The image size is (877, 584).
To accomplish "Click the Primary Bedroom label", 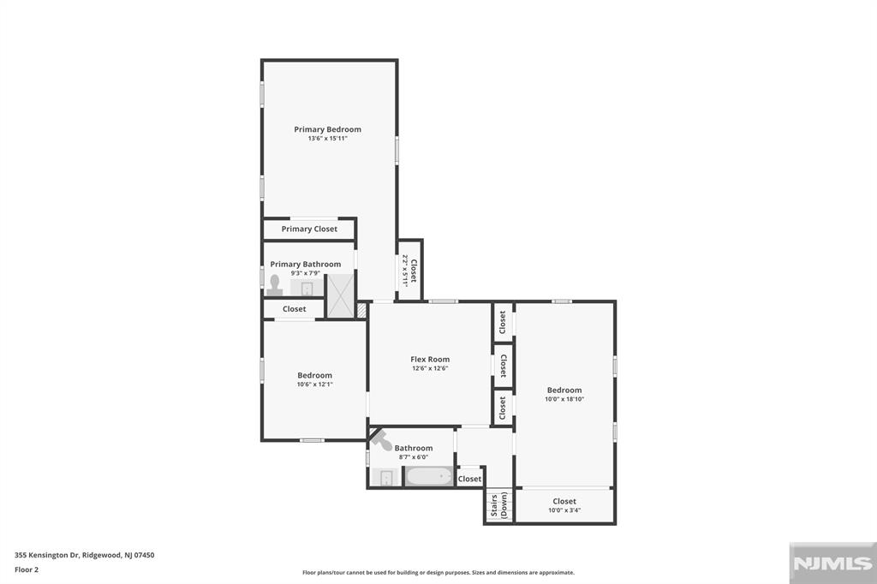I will [x=327, y=129].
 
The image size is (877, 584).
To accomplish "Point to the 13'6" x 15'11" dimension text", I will [x=327, y=139].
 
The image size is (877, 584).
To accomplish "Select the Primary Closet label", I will [x=309, y=229].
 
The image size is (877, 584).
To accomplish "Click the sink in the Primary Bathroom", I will [x=307, y=288].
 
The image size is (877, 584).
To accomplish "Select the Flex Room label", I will [x=430, y=360].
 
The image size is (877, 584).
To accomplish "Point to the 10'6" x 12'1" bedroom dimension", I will [x=314, y=384].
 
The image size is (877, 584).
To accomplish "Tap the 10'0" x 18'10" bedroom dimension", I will [x=564, y=399].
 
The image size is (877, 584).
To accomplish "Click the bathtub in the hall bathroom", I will [x=428, y=477].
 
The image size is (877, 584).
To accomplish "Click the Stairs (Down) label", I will [x=498, y=506].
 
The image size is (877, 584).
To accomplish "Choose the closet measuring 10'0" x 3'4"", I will [x=564, y=506].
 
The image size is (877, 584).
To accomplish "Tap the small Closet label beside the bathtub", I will [x=469, y=479].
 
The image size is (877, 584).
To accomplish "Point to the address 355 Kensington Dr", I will [x=85, y=555].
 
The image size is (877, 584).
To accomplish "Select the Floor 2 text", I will [x=27, y=569].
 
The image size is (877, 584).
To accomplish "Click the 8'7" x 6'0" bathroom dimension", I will [x=413, y=457].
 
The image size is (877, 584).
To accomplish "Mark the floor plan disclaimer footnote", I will [x=438, y=573].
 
